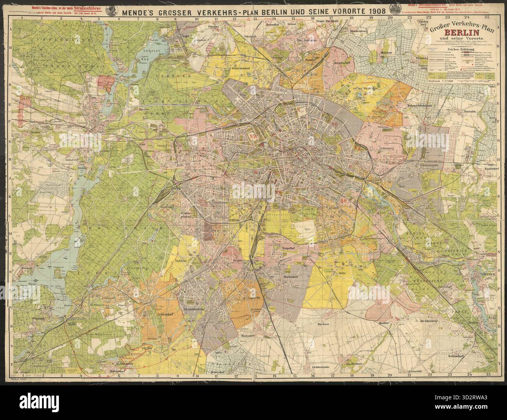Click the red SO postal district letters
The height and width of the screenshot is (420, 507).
click(x=344, y=201)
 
